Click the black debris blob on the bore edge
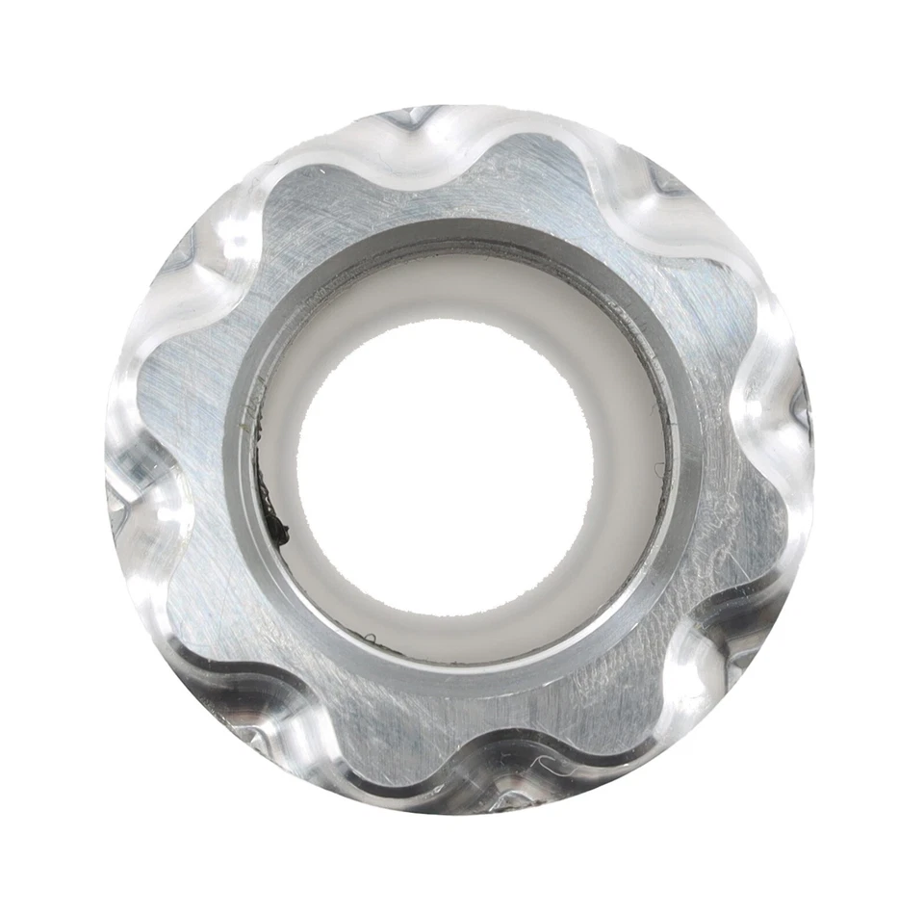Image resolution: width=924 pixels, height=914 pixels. [x=278, y=528]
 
